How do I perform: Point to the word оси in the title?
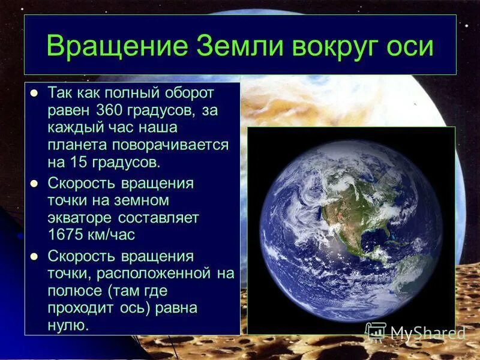coord(412,46)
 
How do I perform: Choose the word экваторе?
coord(82,217)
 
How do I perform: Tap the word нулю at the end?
coord(68,326)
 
